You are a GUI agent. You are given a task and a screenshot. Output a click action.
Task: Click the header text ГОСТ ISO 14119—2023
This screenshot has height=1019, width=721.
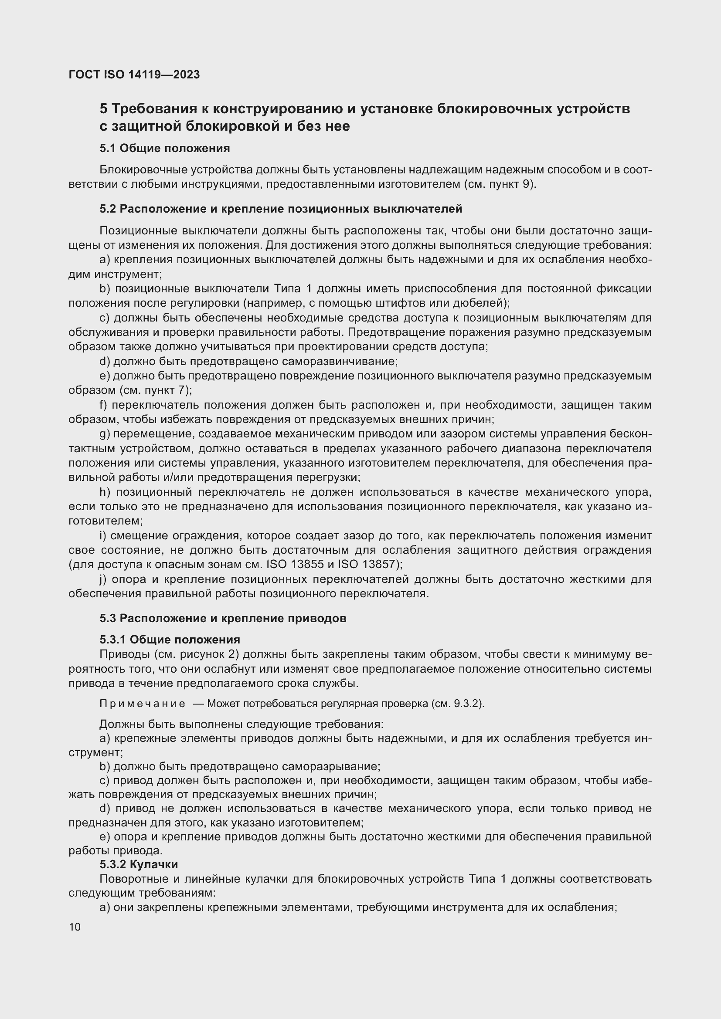click(x=134, y=74)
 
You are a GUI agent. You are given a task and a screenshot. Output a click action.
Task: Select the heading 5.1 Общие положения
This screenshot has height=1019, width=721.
click(x=165, y=148)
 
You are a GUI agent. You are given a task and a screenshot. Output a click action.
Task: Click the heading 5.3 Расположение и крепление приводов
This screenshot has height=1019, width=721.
click(x=223, y=618)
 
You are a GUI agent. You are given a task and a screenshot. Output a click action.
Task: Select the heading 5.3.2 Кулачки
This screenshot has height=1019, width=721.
click(x=139, y=864)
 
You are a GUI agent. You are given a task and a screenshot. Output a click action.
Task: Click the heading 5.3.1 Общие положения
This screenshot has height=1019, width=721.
click(x=170, y=640)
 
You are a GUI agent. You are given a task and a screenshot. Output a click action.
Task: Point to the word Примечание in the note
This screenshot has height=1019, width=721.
click(x=142, y=704)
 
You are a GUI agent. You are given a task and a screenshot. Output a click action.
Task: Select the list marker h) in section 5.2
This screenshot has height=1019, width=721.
click(x=105, y=492)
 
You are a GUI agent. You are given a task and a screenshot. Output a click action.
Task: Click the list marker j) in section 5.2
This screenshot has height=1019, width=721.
click(x=103, y=579)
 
